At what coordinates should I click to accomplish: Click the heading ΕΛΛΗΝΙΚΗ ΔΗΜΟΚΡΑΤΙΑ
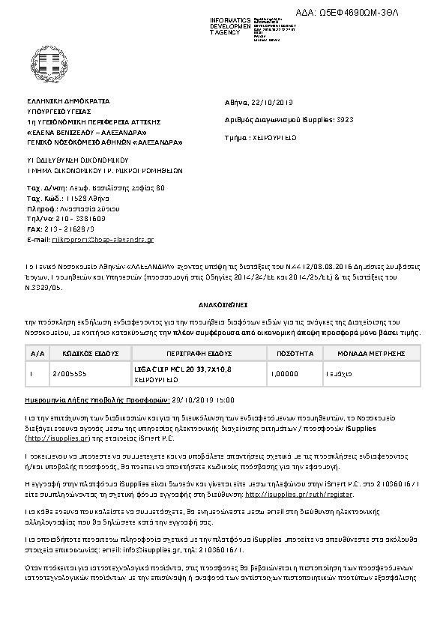coord(68,100)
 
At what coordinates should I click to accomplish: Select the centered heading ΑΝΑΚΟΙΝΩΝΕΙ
coord(223,306)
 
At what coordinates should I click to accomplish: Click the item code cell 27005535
coord(68,371)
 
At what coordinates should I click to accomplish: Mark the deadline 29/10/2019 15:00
coord(203,400)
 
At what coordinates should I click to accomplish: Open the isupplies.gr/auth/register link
coord(300,494)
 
